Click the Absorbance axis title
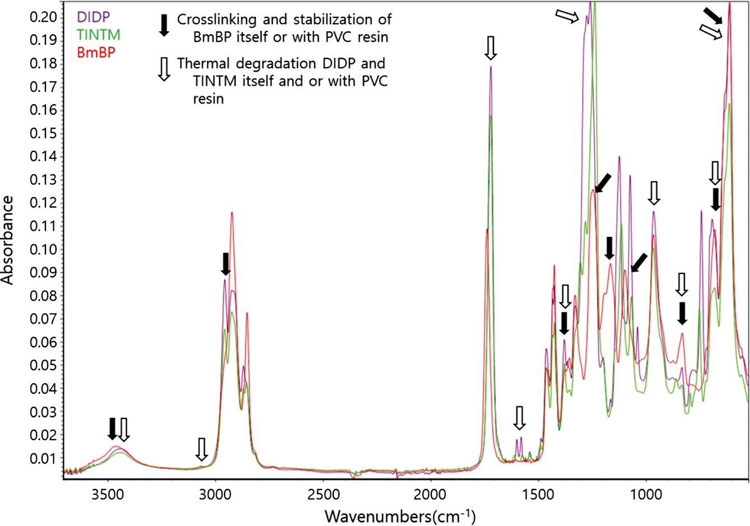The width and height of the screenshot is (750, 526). (8, 240)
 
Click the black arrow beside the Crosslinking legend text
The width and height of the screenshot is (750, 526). (164, 25)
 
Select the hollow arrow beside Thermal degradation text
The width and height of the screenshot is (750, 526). (164, 69)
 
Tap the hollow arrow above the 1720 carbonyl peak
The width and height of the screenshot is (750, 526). (491, 48)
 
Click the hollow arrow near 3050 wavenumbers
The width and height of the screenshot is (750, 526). (202, 449)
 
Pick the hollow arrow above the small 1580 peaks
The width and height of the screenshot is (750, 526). (520, 418)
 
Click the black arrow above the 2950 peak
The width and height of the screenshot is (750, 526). (225, 264)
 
